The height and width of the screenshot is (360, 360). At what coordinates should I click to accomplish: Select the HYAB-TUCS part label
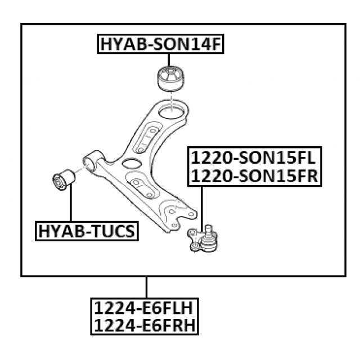[x=87, y=231]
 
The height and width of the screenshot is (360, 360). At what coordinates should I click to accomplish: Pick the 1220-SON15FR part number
[x=255, y=177]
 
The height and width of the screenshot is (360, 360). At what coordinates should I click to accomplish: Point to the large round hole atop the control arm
[x=172, y=110]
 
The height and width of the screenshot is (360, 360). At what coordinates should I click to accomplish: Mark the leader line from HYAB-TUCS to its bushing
[x=71, y=205]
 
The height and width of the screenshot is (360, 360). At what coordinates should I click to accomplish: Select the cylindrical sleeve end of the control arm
[x=92, y=159]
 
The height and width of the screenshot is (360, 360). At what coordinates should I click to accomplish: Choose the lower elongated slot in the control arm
[x=141, y=185]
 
